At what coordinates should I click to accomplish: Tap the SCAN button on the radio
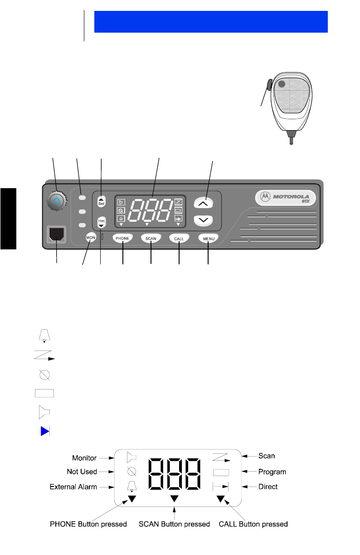click(x=151, y=238)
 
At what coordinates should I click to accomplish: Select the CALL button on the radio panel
click(x=179, y=238)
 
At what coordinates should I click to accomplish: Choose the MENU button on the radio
click(x=208, y=238)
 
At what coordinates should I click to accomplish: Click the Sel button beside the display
click(x=101, y=201)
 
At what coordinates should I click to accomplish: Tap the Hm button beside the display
click(x=101, y=222)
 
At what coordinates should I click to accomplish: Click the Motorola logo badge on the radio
click(x=286, y=197)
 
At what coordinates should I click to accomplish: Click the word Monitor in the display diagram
click(x=84, y=458)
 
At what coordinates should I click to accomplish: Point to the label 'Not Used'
click(x=82, y=472)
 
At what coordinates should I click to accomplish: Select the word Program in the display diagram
click(x=272, y=472)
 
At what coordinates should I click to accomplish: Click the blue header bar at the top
click(x=211, y=22)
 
